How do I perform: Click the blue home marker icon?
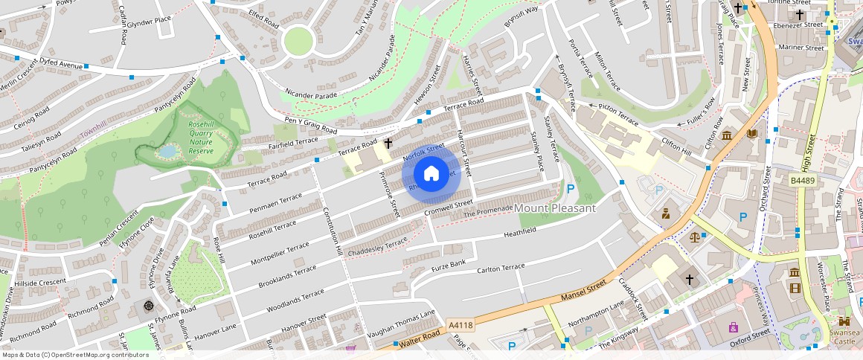tap(431, 174)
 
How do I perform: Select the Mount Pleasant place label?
tap(555, 208)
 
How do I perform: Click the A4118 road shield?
tap(461, 325)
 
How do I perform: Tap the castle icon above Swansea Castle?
tap(844, 322)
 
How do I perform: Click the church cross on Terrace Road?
tap(388, 142)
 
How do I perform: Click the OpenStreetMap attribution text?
tap(74, 355)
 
